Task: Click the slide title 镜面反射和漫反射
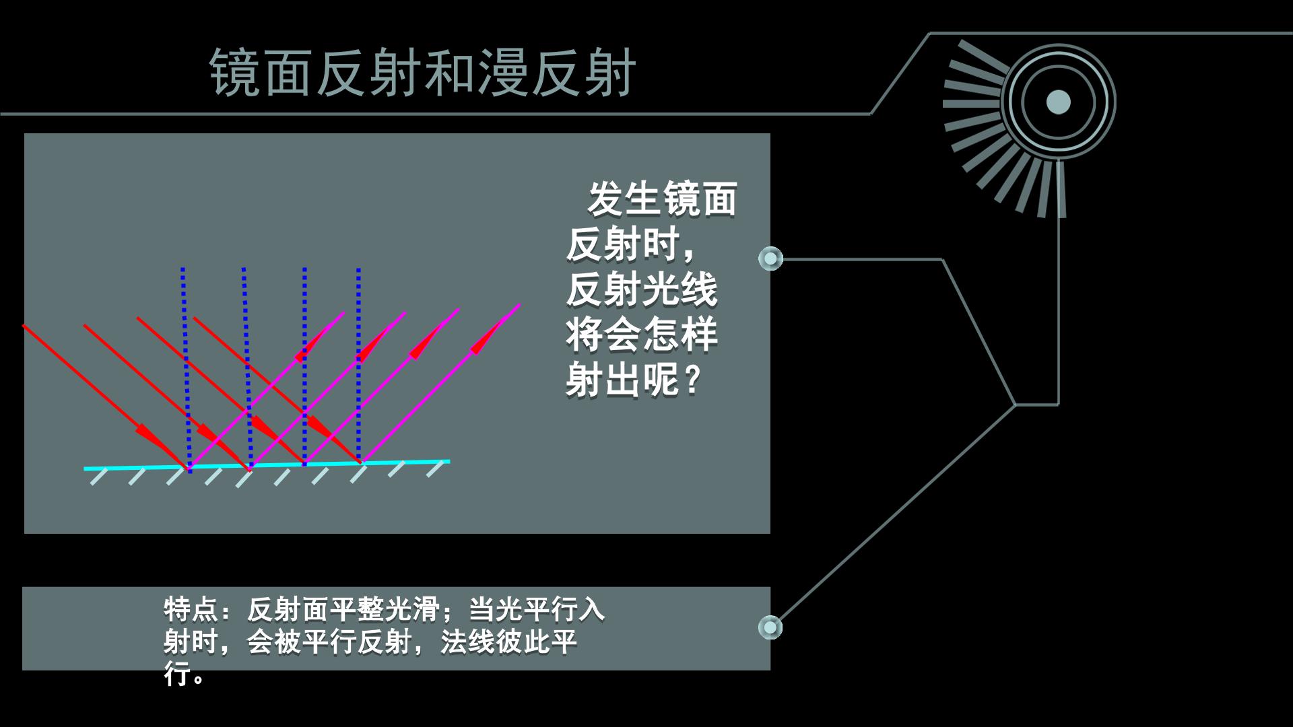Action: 422,72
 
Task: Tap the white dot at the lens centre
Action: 1058,102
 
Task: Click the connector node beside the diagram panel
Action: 770,258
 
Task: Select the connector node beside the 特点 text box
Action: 770,627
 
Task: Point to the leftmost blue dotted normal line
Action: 186,369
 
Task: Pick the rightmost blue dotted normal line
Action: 359,366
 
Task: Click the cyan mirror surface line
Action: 267,464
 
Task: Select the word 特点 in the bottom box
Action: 191,610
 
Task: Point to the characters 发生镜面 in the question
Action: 663,199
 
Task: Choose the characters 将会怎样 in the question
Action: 642,335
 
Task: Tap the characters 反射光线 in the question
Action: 642,290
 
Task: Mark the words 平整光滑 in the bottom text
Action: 385,610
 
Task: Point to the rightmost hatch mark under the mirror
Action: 436,469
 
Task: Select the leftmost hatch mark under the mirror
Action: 99,477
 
